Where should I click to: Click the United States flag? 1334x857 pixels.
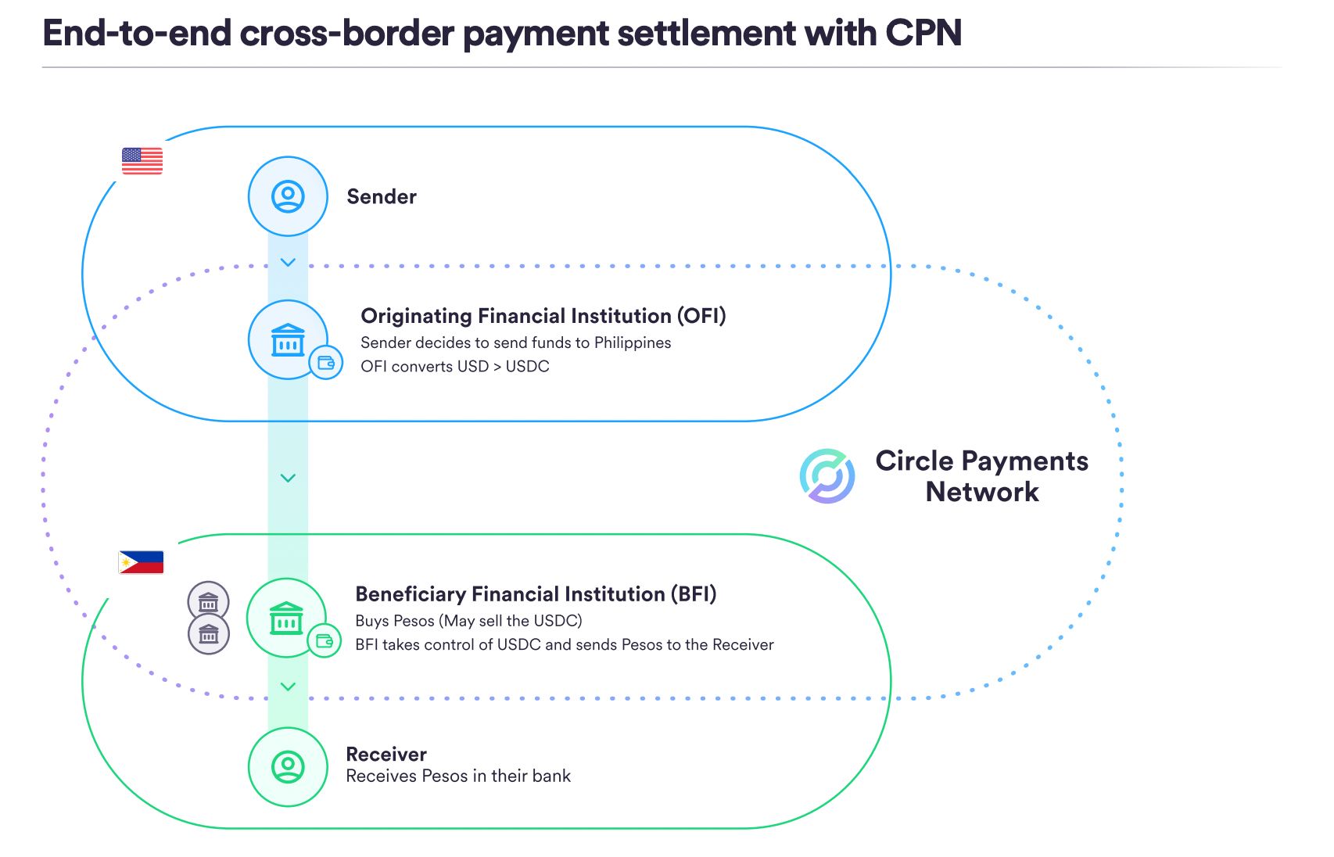(142, 161)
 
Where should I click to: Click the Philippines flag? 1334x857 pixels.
(142, 562)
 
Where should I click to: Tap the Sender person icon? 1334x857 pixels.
(288, 196)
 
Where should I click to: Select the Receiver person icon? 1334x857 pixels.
(288, 766)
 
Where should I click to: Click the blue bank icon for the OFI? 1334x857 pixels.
(288, 339)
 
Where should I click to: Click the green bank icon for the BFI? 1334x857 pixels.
(286, 618)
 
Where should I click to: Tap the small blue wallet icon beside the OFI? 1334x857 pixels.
(326, 362)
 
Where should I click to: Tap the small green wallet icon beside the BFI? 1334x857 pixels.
(324, 641)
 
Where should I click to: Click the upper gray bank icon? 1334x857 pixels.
(209, 602)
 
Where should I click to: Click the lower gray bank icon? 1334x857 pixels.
(209, 633)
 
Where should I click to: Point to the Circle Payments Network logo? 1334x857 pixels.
(827, 476)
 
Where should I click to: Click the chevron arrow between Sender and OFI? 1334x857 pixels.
(288, 263)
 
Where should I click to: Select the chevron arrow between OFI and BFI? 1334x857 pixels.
(288, 479)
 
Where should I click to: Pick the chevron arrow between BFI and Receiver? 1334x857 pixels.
(288, 687)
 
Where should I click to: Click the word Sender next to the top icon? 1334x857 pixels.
(382, 196)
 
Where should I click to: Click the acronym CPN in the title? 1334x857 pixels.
(923, 33)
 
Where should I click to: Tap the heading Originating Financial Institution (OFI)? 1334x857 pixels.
(543, 316)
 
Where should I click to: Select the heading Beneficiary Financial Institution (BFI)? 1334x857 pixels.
(536, 593)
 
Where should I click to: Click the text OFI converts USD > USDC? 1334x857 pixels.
(455, 366)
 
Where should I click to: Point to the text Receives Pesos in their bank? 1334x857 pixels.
(458, 776)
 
